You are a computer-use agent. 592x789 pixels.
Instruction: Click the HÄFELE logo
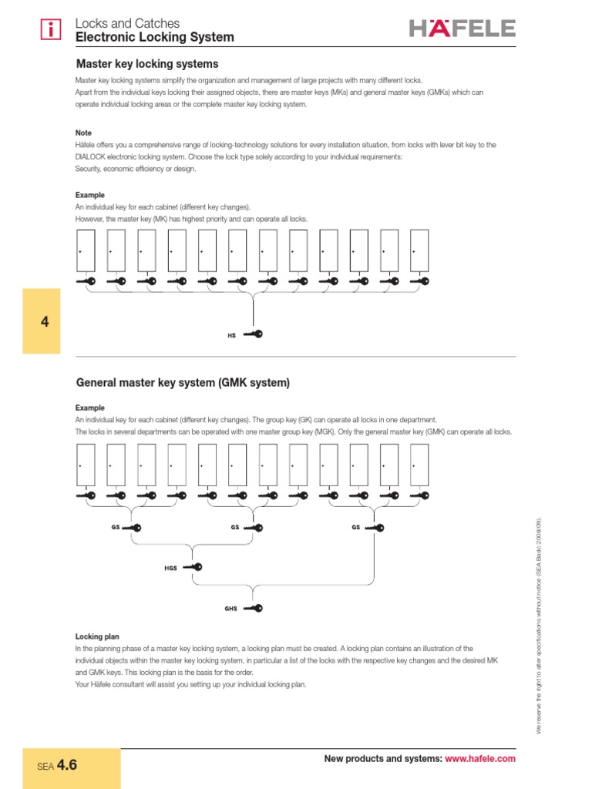(462, 29)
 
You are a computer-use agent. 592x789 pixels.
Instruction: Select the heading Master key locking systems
(146, 64)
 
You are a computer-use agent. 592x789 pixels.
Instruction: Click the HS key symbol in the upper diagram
(252, 334)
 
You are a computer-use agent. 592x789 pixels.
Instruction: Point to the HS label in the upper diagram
(231, 335)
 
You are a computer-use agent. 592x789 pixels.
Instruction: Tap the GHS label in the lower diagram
(230, 609)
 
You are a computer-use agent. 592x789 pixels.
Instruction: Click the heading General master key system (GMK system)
(182, 382)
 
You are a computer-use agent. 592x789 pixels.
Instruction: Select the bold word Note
(83, 133)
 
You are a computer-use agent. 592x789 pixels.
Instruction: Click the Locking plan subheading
(96, 636)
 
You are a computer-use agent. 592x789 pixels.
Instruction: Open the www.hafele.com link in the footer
(480, 760)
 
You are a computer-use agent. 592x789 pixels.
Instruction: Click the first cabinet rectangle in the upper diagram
(86, 251)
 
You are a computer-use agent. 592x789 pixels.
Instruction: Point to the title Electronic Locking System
(154, 37)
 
